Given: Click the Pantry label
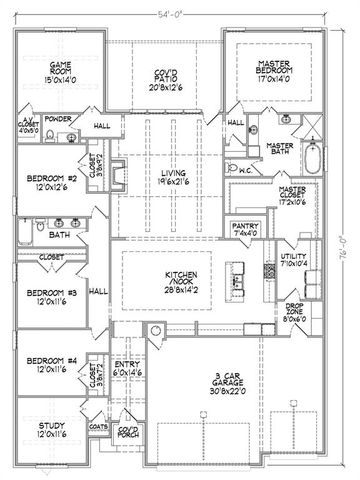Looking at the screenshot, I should pos(243,231).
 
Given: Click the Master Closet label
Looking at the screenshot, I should pos(293,195).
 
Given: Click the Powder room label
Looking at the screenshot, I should pos(57,118).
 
